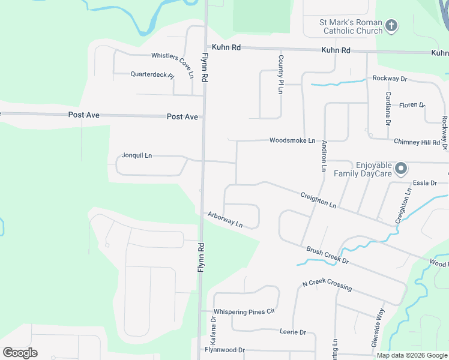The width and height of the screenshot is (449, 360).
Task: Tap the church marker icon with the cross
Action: click(391, 25)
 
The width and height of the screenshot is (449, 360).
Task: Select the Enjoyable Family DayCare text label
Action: click(373, 169)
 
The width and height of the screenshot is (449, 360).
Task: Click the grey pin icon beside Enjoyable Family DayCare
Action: click(402, 168)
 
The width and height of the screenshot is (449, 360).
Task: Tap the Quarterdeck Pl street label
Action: click(152, 75)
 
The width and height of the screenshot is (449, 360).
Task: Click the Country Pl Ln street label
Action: click(280, 74)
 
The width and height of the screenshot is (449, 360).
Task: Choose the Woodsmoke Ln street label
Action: click(292, 140)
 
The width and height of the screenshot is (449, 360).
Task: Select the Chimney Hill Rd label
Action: click(417, 142)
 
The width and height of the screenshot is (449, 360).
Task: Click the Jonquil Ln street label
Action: click(137, 155)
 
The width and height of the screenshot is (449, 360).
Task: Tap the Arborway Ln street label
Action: click(225, 220)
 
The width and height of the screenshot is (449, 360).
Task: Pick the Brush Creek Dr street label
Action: click(327, 256)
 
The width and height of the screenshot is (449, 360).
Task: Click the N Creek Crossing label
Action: click(327, 286)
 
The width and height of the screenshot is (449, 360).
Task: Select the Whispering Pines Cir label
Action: click(244, 311)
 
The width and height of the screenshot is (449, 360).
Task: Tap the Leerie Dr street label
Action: click(293, 332)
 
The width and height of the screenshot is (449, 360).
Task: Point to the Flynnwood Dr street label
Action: click(225, 350)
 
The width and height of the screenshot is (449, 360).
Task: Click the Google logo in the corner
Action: click(20, 353)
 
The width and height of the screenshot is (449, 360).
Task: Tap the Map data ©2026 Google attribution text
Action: click(412, 355)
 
